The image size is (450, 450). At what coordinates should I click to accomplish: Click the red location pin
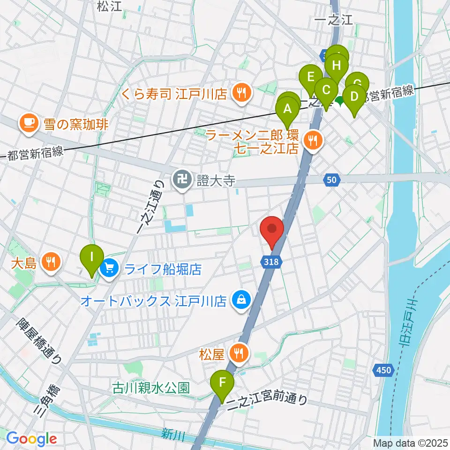click(272, 229)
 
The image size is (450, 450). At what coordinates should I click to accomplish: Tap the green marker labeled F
click(223, 383)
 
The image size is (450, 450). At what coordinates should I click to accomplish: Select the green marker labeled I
click(91, 258)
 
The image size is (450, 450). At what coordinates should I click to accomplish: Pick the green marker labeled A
click(287, 110)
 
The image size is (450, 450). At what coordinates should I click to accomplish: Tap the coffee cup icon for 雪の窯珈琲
click(28, 124)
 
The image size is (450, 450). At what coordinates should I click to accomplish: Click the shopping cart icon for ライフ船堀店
click(110, 269)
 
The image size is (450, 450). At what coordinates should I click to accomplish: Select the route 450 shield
click(383, 371)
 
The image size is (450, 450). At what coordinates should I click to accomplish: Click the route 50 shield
click(331, 179)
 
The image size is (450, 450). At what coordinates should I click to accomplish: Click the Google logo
click(31, 439)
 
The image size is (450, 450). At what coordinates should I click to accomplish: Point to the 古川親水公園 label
click(151, 388)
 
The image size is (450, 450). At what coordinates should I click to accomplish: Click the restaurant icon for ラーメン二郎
click(310, 139)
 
